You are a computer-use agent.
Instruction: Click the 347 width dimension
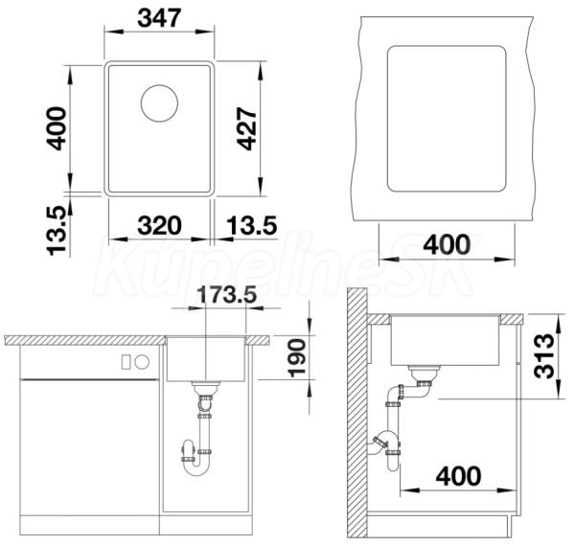159,17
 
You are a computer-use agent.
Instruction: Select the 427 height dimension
246,128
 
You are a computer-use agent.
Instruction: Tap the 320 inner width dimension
159,225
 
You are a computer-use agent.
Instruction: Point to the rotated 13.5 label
57,231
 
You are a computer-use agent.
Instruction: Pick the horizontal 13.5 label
251,225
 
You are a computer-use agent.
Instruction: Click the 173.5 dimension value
227,294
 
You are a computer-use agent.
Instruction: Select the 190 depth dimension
296,358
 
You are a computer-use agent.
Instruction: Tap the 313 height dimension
543,355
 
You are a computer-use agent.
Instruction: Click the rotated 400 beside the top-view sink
57,128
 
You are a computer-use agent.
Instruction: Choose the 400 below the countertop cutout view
447,244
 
